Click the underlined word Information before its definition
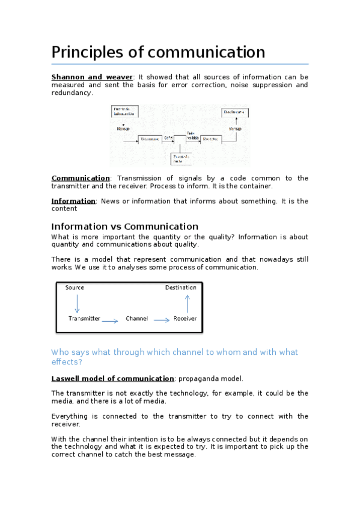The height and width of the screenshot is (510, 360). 73,201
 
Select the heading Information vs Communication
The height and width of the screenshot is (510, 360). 124,227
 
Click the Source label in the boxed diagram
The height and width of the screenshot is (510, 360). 75,287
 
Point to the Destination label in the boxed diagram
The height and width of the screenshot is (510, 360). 181,287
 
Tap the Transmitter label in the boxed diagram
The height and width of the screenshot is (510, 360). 84,318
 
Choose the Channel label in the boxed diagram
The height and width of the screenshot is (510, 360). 136,318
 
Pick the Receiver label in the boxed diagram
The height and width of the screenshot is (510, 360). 185,318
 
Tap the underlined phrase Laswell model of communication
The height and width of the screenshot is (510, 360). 112,378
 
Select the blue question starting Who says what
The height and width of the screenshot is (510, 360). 174,357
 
